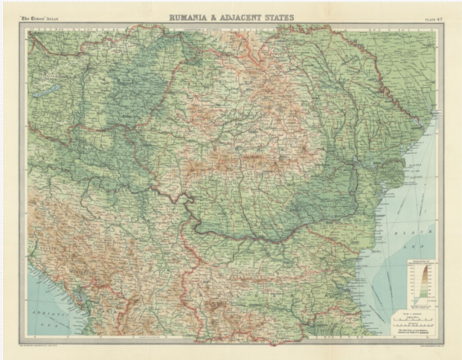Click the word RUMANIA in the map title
(x=191, y=17)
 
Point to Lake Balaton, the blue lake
(x=54, y=88)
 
